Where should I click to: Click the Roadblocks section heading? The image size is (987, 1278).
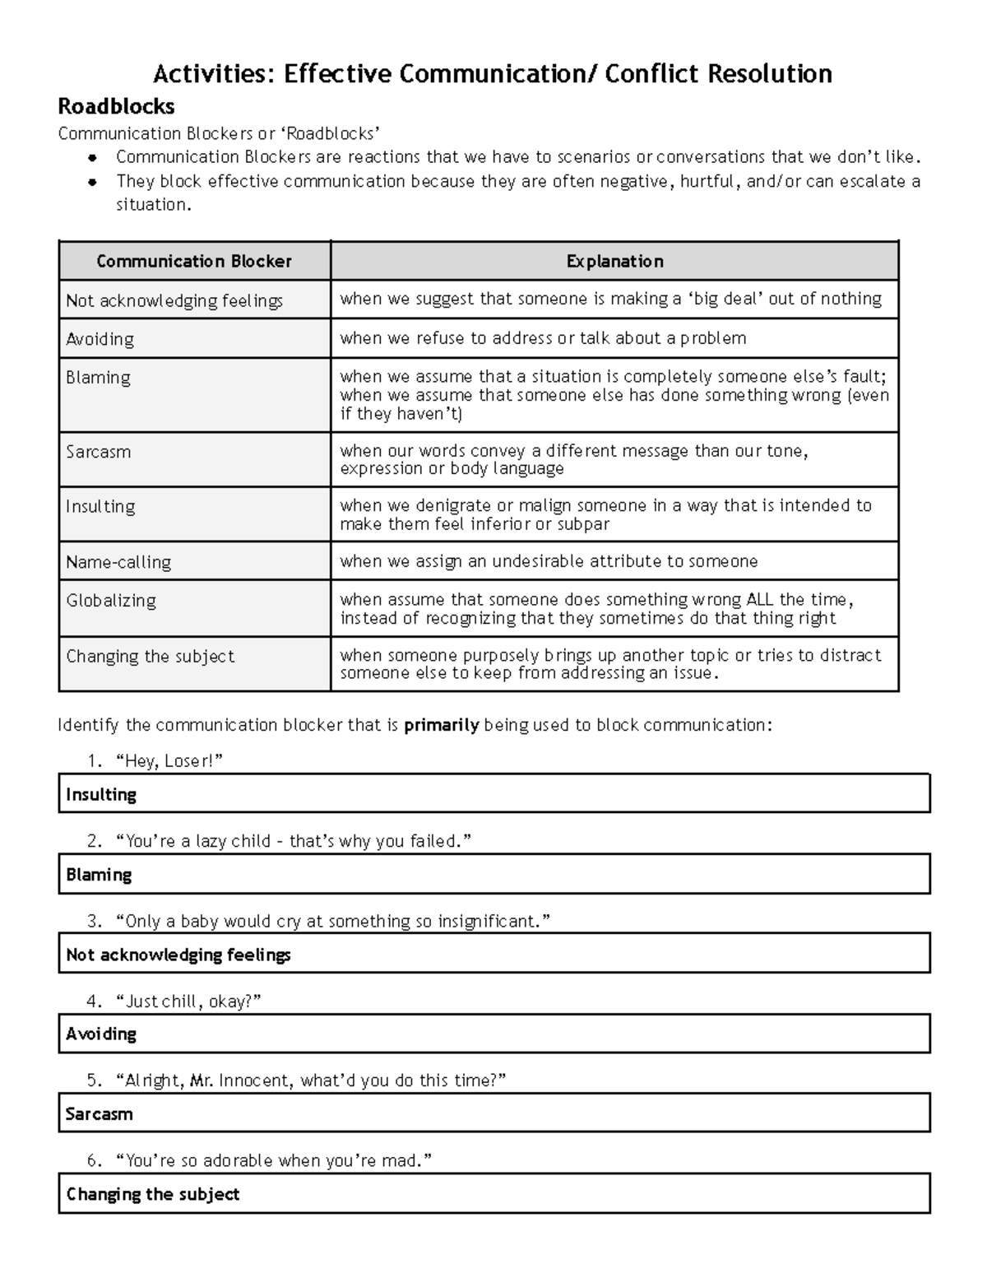116,107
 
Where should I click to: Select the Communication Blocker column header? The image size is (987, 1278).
194,262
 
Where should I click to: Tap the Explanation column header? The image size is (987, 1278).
614,262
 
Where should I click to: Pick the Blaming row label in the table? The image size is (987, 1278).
98,378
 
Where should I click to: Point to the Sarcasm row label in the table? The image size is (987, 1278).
98,452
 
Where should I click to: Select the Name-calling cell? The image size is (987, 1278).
118,562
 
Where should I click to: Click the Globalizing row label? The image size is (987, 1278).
111,601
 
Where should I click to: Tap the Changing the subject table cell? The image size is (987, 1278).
150,657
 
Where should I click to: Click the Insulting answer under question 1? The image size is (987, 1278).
101,795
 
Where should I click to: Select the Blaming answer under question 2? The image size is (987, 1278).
99,875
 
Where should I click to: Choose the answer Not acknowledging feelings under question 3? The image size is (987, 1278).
178,955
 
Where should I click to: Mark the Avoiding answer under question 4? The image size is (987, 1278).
101,1034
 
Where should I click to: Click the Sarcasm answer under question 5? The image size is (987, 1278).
99,1114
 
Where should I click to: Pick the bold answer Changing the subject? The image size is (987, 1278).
153,1194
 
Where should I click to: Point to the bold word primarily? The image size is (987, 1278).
442,725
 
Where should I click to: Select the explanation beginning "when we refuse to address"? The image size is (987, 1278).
543,338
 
